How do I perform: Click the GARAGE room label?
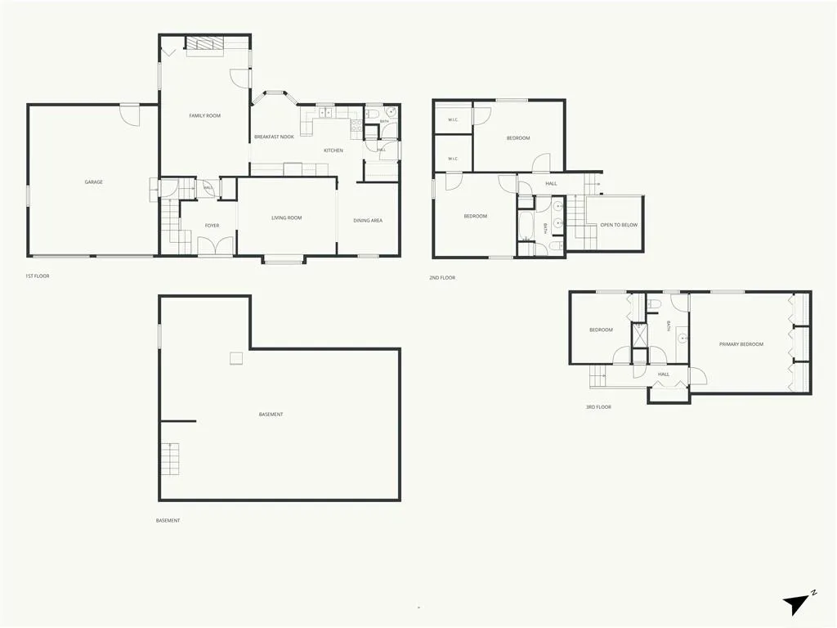pos(93,182)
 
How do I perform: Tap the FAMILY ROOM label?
pos(204,115)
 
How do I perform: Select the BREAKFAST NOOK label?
pos(274,137)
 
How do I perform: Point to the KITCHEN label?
pos(333,150)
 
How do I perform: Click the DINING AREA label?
pos(368,221)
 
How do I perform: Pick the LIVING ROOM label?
pos(287,218)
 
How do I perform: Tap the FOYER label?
pos(212,226)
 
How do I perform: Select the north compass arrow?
pos(796,604)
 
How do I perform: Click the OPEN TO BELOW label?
pos(619,225)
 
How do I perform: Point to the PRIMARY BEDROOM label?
pos(741,344)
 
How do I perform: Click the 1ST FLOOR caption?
pos(38,276)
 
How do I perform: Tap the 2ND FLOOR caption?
pos(442,278)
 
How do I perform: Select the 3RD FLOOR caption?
pos(598,407)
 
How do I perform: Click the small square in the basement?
pos(236,358)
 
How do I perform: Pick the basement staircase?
pos(170,460)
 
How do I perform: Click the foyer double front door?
pos(216,244)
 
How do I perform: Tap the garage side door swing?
pos(129,115)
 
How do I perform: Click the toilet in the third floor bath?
pos(655,304)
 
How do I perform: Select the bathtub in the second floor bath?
pos(526,226)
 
